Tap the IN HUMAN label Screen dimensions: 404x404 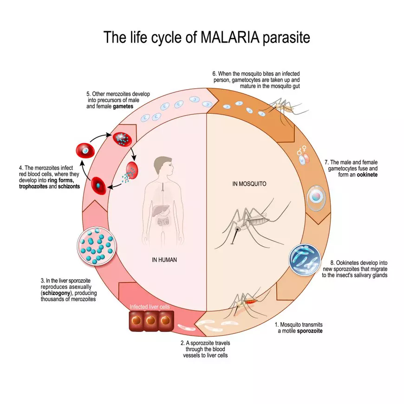(164, 260)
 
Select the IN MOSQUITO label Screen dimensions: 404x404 (249, 184)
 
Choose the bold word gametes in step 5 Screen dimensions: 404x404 (122, 106)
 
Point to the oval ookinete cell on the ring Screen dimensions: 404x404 (316, 197)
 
